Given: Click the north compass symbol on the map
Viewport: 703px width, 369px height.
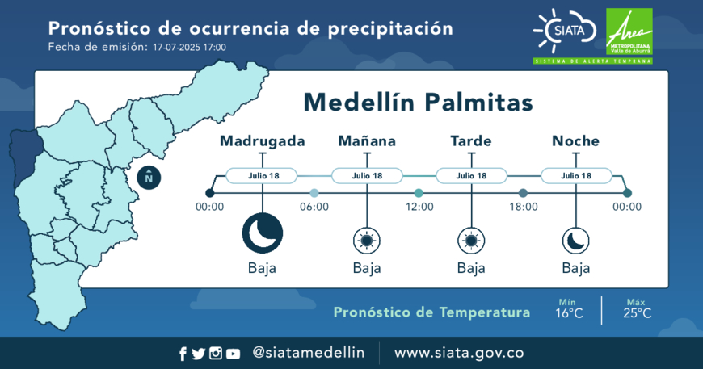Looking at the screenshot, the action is point(149,178).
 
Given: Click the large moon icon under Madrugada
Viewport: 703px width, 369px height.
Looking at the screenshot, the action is point(263,233).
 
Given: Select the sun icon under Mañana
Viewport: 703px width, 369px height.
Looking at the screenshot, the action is point(367,241).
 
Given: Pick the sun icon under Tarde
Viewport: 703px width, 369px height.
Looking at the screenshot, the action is point(471,241).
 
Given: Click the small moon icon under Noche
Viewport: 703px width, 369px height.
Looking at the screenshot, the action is point(575,241).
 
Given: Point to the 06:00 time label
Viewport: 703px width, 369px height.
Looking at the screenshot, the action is point(314,207).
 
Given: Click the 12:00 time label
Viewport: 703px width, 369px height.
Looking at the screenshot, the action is point(419,207).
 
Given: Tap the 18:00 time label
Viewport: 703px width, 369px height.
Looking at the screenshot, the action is point(524,207).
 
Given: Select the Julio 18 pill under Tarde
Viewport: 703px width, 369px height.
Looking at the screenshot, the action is point(471,175).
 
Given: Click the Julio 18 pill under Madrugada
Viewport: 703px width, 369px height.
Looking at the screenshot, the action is point(262,175).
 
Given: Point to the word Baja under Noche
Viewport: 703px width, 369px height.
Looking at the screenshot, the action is point(575,268).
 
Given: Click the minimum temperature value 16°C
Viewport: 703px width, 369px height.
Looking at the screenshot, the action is point(569,313).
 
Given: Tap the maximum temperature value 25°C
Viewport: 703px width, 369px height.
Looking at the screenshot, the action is point(637,313).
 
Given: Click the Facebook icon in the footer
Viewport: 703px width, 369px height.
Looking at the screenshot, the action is point(183,354).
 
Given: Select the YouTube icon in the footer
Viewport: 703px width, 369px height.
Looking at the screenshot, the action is point(233,354).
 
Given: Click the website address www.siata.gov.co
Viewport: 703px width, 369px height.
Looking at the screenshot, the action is point(459,353).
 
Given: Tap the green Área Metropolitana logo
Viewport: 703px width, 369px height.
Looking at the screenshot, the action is point(629,31).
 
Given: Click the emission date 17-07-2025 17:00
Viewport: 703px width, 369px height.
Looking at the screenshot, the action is point(189,48).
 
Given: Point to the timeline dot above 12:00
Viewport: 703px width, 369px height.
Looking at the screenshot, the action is point(419,193).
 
